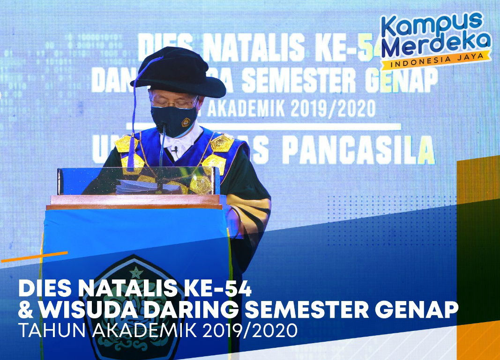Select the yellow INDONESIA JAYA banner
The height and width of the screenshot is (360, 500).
point(436,61)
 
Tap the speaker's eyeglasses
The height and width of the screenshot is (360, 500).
point(173,101)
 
